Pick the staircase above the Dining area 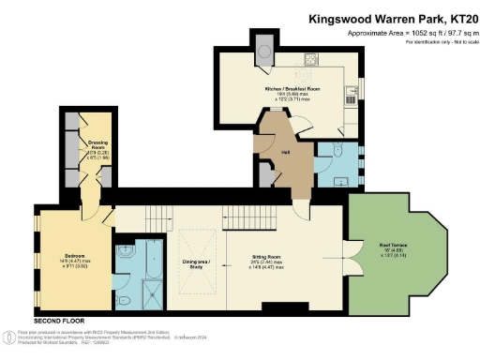coord(240,217)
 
